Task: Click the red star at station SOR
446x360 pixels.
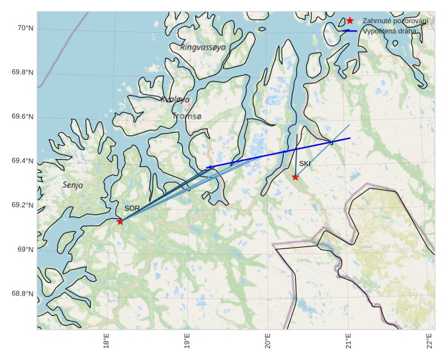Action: click(120, 221)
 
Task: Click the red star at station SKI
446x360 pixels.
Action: click(295, 177)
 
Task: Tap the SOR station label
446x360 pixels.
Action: click(132, 209)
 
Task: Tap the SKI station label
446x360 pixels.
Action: click(305, 164)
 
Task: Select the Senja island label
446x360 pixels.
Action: click(73, 185)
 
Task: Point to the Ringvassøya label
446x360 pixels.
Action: click(203, 47)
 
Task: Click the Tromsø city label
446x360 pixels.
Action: click(187, 116)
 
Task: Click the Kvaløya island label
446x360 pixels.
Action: click(175, 99)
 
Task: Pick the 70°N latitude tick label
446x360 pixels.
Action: click(25, 28)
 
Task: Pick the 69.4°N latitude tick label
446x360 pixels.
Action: click(22, 160)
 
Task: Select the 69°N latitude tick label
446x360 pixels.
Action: click(25, 249)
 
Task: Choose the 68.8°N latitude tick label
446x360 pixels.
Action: click(22, 293)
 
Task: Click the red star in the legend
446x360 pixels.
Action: click(350, 21)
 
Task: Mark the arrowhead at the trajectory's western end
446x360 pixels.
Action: click(209, 167)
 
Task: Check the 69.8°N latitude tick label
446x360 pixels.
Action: click(22, 72)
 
